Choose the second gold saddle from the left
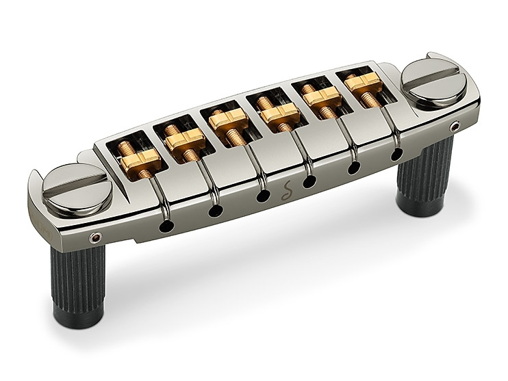coord(184,140)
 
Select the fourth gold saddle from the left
coord(279,115)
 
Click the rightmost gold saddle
coord(363,83)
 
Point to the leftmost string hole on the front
coord(164,226)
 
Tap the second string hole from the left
coord(215,210)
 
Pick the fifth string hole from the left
coord(353,167)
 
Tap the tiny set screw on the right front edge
coord(456,127)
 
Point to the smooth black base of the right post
coord(423,206)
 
